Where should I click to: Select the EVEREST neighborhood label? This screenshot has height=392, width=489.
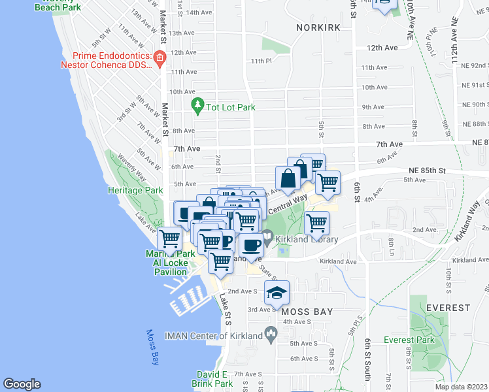coord(448,307)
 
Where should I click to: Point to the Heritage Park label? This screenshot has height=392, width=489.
coord(135,190)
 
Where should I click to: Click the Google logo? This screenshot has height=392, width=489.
coord(22,384)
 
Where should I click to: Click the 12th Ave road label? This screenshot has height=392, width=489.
coord(382,48)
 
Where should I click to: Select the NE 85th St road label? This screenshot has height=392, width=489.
coord(424,171)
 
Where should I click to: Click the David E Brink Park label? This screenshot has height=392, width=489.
coord(211,379)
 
